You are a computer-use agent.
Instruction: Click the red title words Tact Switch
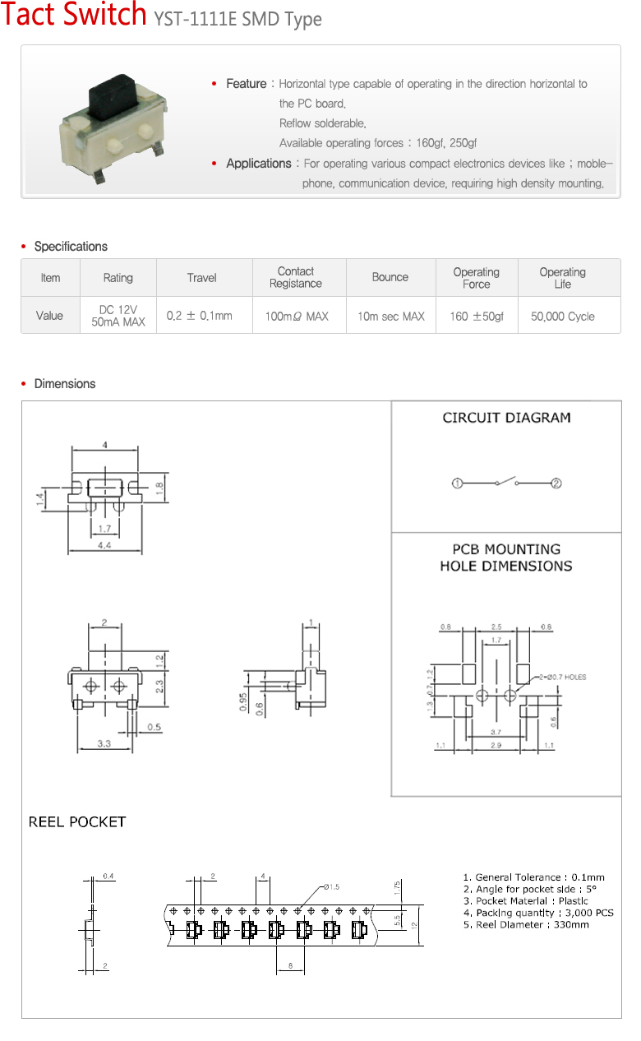coord(74,16)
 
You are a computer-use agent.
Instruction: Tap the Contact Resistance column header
coord(296,277)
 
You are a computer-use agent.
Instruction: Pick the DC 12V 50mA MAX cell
coord(118,316)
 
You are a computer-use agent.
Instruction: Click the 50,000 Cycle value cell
coord(563,317)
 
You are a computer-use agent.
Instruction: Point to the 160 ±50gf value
coord(477,317)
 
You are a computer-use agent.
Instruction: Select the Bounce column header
coord(390,277)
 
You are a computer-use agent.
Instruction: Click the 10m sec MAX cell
coord(390,317)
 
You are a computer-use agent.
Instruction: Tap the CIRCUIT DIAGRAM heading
coord(506,418)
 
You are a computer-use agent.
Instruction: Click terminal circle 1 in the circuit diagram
coord(458,483)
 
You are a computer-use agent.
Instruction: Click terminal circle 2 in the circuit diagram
coord(556,483)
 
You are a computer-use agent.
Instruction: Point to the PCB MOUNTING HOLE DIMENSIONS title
coord(506,558)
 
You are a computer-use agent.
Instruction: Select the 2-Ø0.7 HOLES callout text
coord(560,678)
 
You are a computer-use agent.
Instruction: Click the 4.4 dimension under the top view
coord(104,545)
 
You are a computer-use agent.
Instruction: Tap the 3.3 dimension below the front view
coord(104,743)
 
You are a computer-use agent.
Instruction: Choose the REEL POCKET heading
coord(77,821)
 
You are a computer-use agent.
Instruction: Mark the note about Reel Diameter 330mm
coord(526,924)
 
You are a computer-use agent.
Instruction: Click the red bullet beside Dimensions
coord(24,384)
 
